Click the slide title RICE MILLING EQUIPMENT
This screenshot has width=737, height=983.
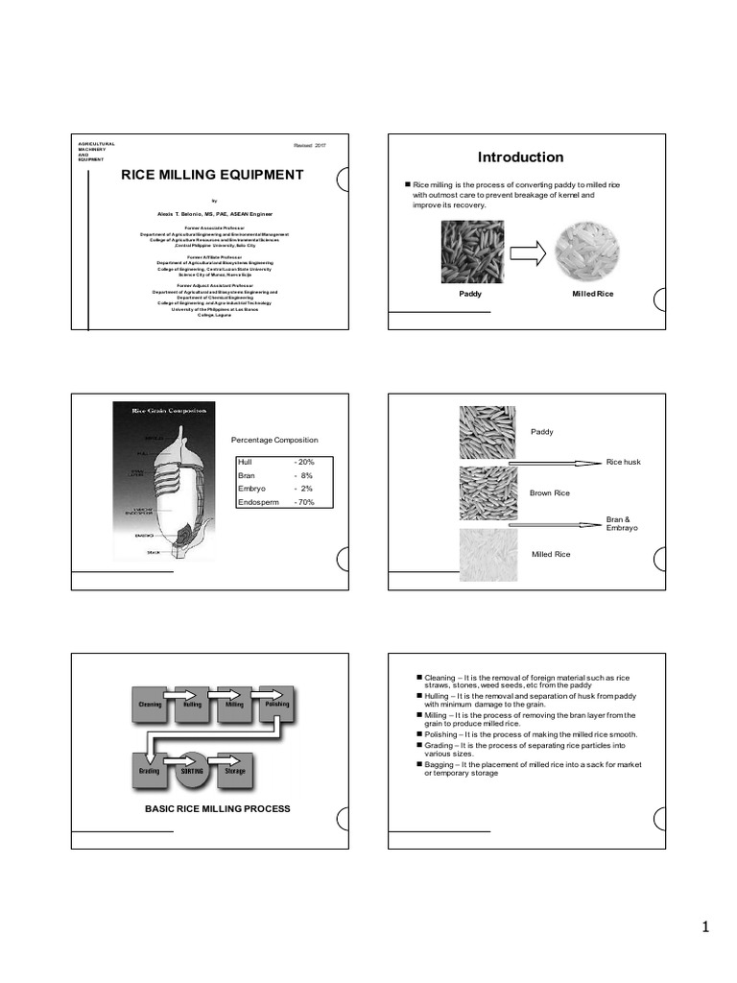(x=211, y=175)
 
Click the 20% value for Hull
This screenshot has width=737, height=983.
(x=305, y=462)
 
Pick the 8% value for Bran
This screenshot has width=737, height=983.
(x=306, y=475)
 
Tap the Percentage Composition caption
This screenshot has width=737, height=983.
(x=274, y=440)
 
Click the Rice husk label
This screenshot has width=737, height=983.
(x=623, y=463)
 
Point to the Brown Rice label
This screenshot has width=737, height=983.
(x=550, y=492)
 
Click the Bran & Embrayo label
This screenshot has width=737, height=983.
(x=621, y=524)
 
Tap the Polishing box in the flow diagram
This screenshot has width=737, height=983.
(x=276, y=704)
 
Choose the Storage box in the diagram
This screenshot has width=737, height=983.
(x=235, y=770)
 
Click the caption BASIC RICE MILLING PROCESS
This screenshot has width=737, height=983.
(x=217, y=809)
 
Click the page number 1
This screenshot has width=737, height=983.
(x=704, y=927)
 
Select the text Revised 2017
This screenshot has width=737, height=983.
(x=310, y=144)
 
